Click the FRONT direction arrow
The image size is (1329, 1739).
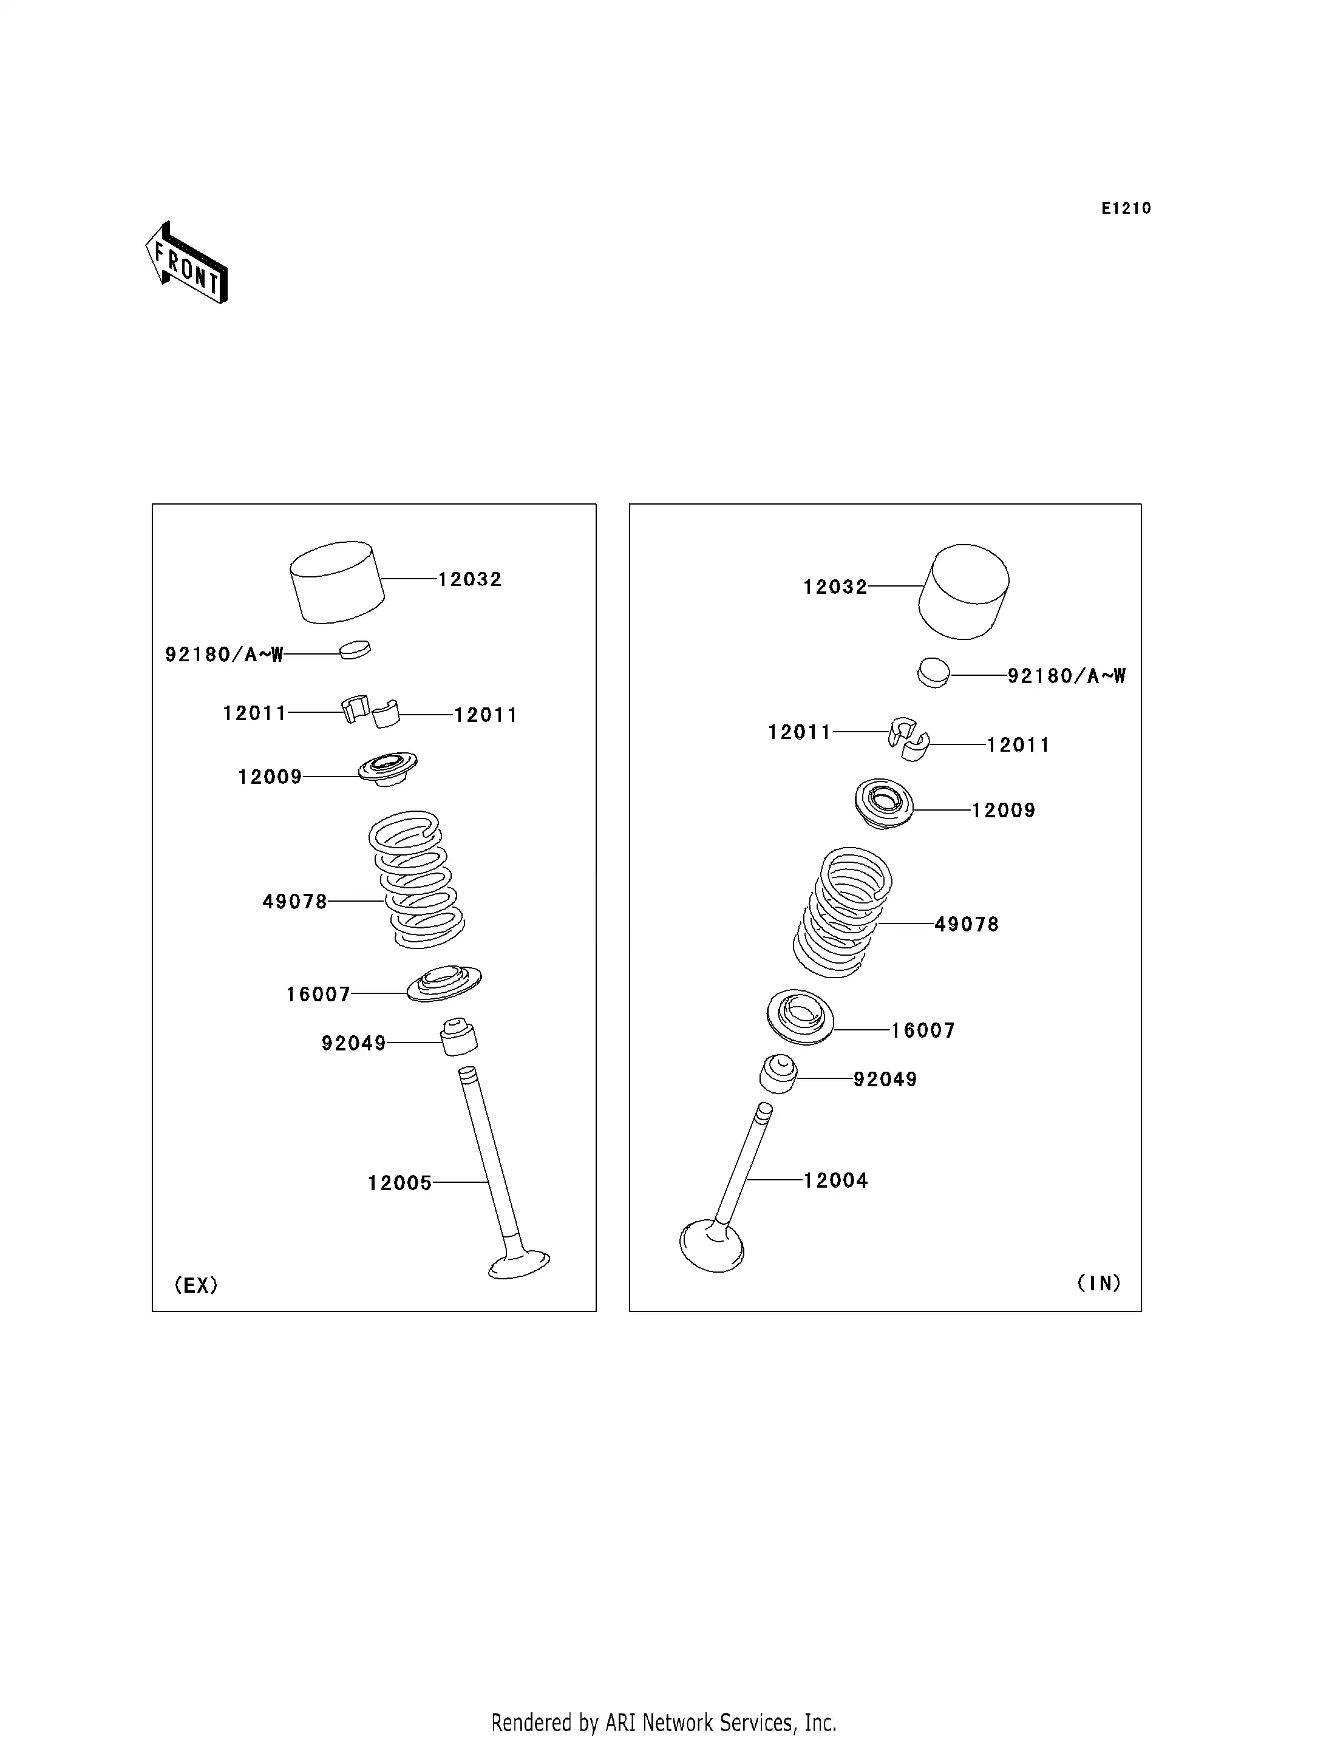point(187,264)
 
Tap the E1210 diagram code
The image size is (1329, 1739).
point(1126,208)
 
